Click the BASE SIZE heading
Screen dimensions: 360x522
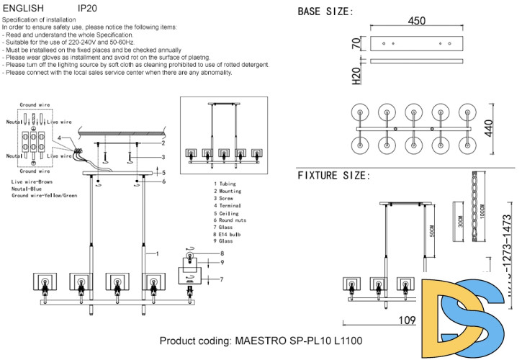click(325, 12)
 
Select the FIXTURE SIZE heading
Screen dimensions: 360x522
click(335, 176)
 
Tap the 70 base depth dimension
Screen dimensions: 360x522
click(355, 44)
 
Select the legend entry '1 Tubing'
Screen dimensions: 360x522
click(226, 184)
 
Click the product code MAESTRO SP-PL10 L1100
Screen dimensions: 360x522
click(261, 341)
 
